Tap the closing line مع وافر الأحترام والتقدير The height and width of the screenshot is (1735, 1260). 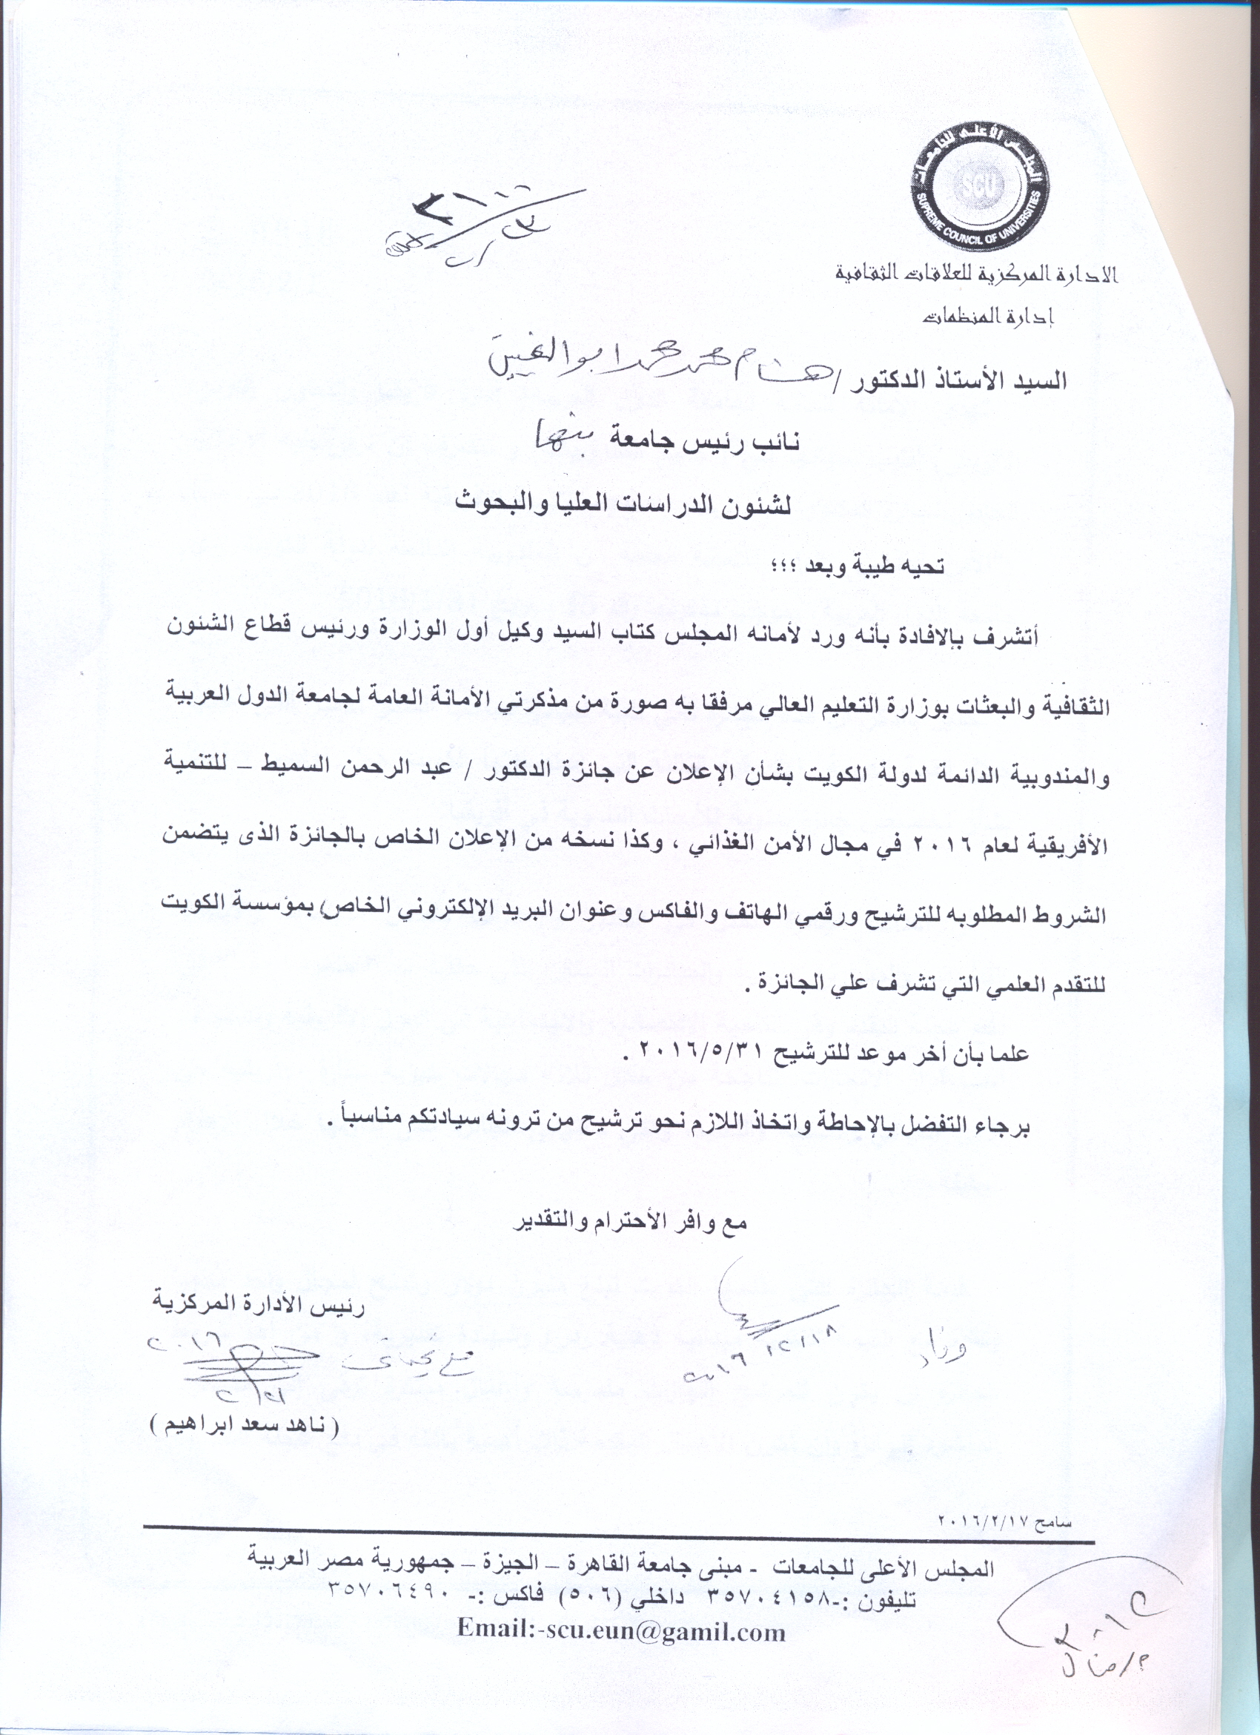click(629, 1220)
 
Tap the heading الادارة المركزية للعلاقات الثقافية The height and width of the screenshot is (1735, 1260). click(976, 273)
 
